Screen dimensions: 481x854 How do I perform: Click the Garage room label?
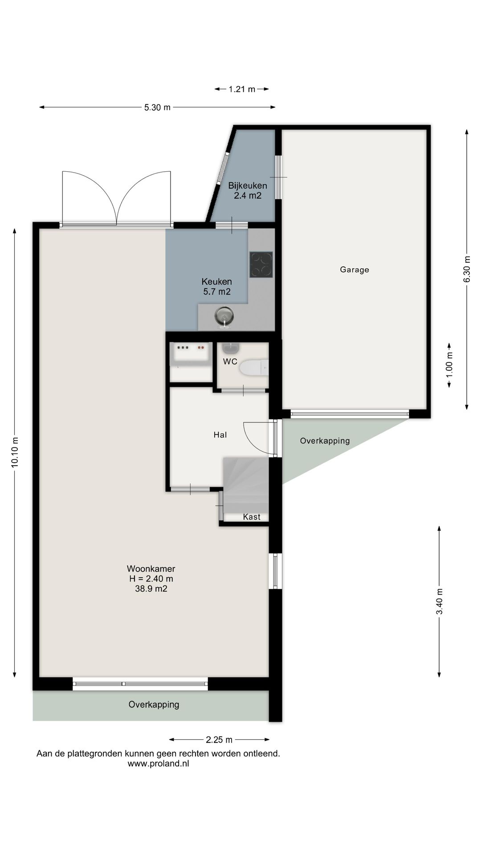point(355,270)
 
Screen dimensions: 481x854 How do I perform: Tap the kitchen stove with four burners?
point(261,265)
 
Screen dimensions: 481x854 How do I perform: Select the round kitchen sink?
point(224,316)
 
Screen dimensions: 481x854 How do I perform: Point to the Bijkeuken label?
point(248,185)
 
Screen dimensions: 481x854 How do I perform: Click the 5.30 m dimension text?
point(157,107)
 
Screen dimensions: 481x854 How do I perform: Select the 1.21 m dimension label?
point(242,89)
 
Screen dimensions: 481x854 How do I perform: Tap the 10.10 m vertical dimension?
point(15,452)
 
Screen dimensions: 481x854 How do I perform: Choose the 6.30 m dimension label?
point(467,269)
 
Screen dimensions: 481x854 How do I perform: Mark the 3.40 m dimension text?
point(440,601)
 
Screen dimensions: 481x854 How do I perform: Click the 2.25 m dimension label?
point(219,740)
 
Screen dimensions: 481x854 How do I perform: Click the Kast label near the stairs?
point(252,517)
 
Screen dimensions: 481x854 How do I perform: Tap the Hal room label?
point(220,435)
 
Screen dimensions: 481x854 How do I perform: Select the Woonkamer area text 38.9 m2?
point(151,589)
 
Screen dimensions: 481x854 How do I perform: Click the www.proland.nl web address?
point(158,764)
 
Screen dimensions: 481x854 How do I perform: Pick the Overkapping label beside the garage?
point(325,441)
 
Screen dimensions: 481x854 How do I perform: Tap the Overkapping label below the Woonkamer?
point(154,705)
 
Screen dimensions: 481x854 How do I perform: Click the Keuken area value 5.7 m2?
point(217,292)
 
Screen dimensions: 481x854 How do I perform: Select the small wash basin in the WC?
point(231,347)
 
